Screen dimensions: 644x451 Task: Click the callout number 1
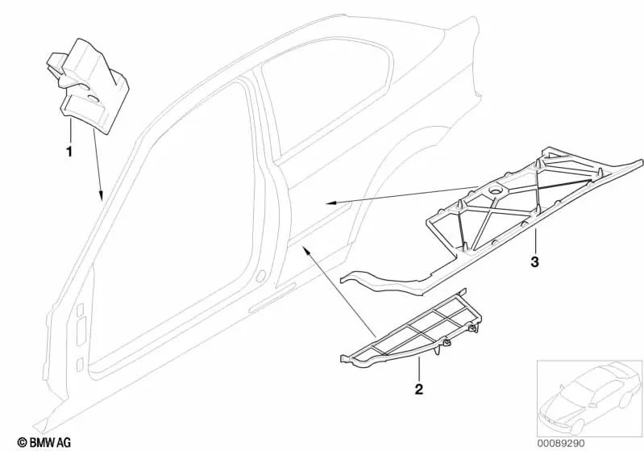click(69, 152)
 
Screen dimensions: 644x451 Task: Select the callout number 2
click(418, 390)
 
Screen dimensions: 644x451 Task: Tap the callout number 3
click(534, 262)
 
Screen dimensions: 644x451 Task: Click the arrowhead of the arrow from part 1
click(101, 197)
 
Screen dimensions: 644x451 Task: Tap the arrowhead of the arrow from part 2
click(306, 248)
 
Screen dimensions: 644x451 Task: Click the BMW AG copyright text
click(44, 442)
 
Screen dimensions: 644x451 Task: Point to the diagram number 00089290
click(561, 444)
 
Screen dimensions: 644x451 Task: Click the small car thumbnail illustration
click(589, 398)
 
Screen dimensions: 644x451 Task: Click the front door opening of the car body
click(172, 230)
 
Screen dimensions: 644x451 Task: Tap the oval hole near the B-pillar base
click(260, 276)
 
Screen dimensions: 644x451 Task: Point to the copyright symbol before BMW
click(23, 443)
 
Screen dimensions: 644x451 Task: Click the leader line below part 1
click(71, 130)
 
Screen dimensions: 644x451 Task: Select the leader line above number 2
click(419, 370)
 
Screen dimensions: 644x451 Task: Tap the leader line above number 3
click(534, 242)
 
